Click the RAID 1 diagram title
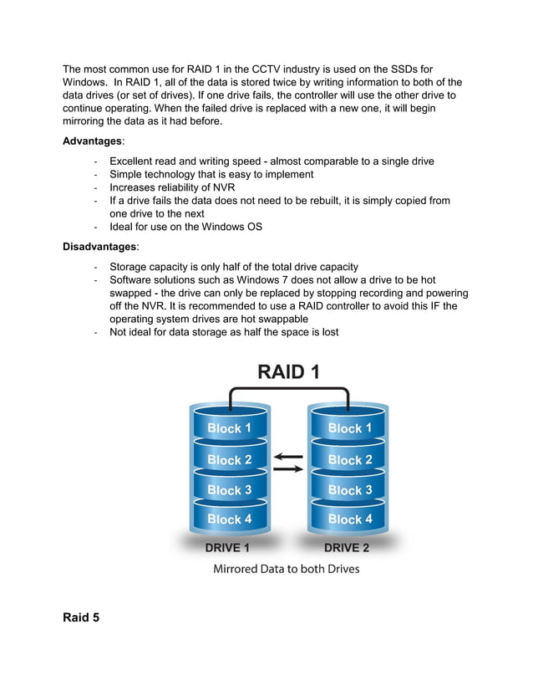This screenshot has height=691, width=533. click(288, 371)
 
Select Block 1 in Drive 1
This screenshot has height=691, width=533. click(229, 428)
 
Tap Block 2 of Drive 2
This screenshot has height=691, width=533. click(349, 460)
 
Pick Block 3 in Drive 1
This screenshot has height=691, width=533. click(229, 490)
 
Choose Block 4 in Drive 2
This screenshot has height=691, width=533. click(349, 520)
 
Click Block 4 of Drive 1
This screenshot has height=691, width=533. click(229, 520)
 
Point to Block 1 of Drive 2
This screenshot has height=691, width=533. click(349, 428)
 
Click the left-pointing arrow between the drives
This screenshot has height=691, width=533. click(288, 457)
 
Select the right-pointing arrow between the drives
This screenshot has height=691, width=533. click(288, 469)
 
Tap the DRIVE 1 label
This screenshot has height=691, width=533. click(227, 548)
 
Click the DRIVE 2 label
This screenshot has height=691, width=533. click(346, 548)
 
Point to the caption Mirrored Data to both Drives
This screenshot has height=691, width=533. click(287, 569)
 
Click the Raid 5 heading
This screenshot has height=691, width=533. click(81, 618)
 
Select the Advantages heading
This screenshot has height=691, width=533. click(92, 141)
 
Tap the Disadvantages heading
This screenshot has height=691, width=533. click(99, 247)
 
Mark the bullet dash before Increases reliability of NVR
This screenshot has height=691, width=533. click(98, 187)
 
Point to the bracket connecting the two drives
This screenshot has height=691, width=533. click(288, 389)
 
